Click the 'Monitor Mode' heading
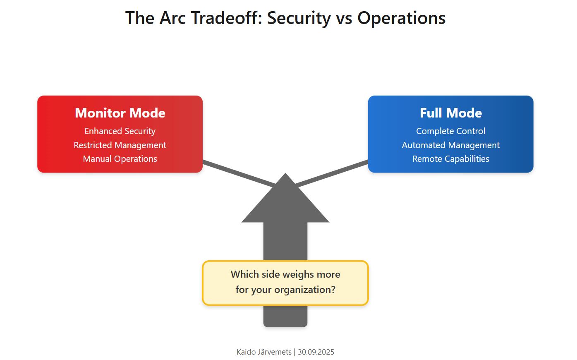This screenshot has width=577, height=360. [120, 113]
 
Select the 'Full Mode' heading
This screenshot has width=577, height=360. [450, 113]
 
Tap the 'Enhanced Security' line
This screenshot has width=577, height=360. [120, 131]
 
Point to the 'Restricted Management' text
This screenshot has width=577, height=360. [120, 145]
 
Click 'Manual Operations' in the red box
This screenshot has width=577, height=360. [120, 159]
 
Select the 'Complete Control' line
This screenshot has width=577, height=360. [450, 131]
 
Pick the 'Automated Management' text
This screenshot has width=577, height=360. [450, 145]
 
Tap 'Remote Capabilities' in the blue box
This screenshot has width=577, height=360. [450, 159]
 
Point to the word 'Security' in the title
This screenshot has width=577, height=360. [299, 18]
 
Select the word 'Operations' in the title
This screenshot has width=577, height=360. [401, 18]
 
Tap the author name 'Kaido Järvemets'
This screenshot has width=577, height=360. [264, 352]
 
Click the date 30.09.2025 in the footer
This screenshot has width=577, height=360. [316, 352]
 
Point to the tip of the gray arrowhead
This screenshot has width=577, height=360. [285, 175]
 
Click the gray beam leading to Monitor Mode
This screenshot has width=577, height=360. [238, 173]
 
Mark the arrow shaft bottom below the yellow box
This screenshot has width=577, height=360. [285, 319]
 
